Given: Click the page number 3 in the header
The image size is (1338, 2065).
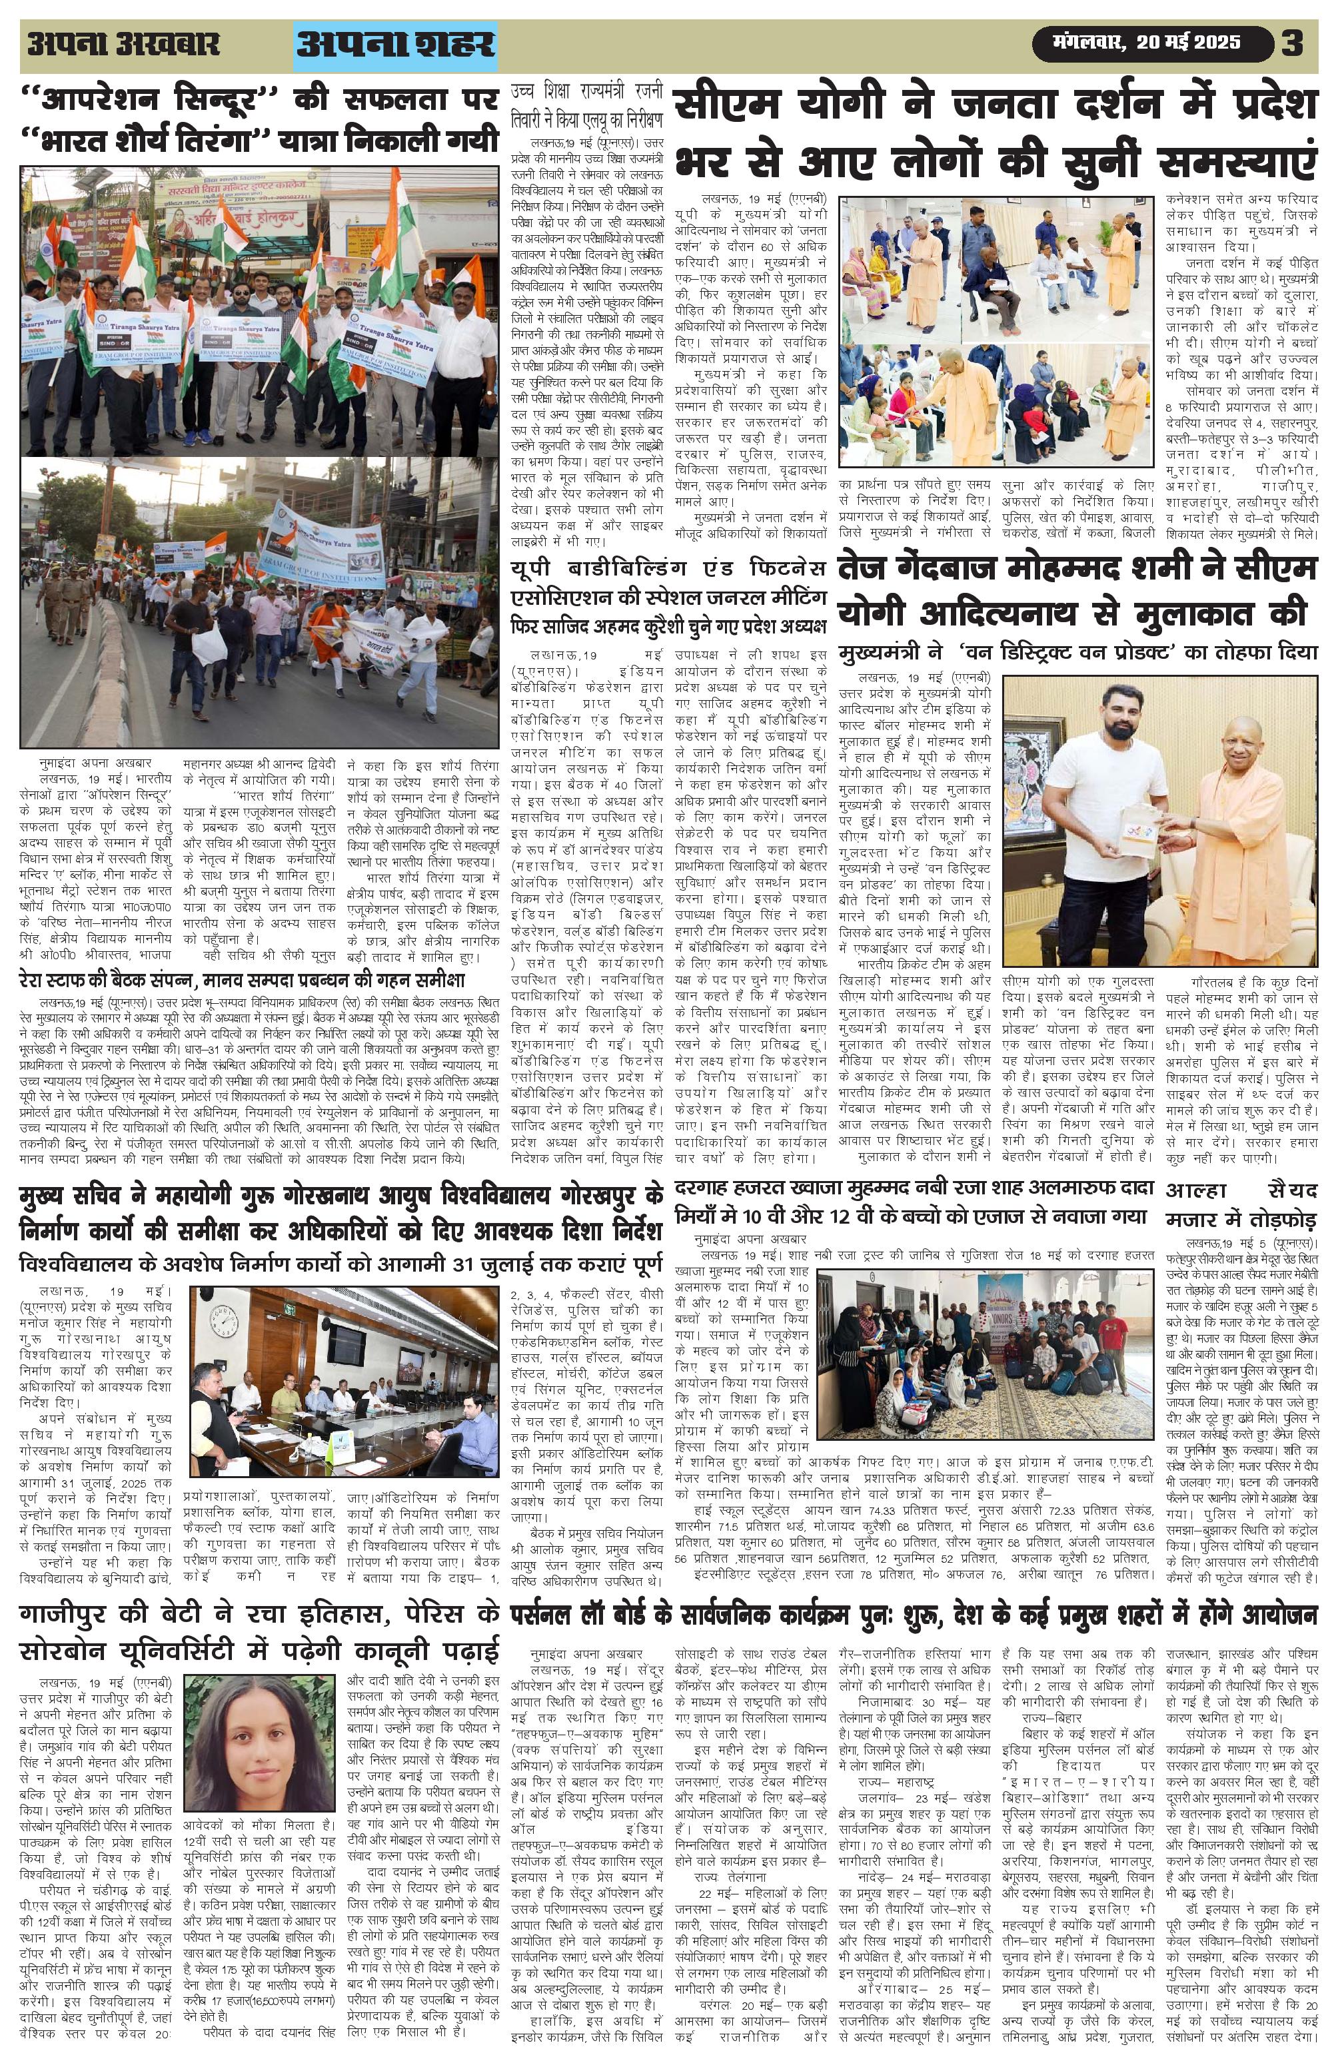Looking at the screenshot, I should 1293,43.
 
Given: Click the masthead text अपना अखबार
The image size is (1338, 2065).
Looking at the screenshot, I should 123,44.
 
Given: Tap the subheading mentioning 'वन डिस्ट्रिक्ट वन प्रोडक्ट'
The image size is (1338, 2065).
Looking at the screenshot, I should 1076,651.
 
